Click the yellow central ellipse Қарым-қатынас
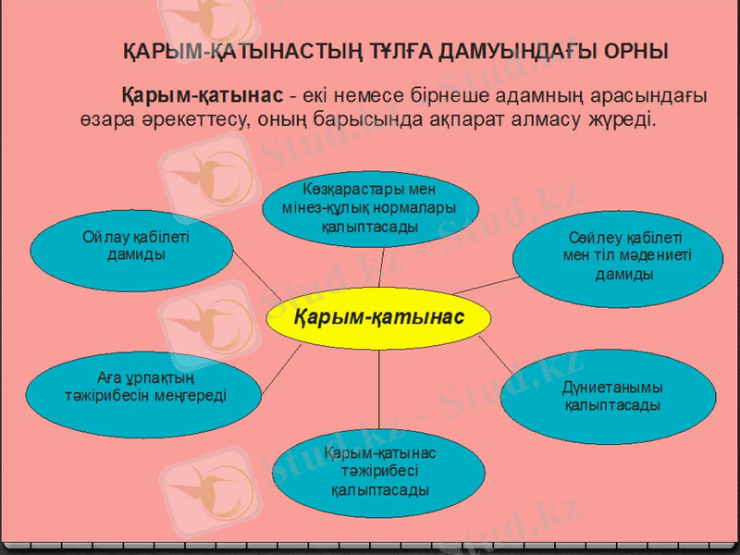click(x=377, y=320)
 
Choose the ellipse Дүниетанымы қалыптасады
click(x=610, y=397)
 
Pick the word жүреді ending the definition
click(x=622, y=119)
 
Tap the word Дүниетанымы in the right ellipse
click(x=611, y=388)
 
